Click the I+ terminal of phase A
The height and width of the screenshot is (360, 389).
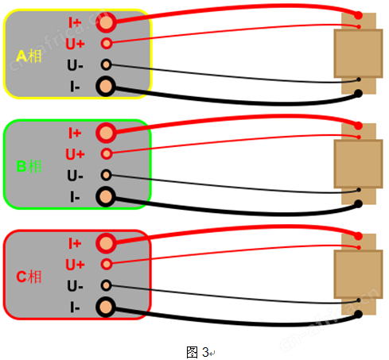coord(106,22)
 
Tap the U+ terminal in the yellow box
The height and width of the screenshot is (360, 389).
coord(107,43)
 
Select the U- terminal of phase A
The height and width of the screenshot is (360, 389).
coord(106,64)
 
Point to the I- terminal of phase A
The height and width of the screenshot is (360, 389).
coord(106,87)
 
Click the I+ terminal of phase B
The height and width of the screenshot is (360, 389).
coord(106,133)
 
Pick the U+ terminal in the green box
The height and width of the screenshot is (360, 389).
coord(107,153)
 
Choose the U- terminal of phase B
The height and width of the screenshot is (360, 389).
coord(106,175)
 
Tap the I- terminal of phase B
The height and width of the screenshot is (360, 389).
coord(106,197)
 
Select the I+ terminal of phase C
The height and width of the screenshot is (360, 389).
coord(106,243)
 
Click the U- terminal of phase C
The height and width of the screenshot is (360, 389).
coord(106,285)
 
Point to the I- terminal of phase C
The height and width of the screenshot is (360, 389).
coord(106,308)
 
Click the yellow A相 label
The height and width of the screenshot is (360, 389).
coord(29,56)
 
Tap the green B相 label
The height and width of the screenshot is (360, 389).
coord(29,166)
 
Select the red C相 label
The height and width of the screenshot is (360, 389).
coord(29,277)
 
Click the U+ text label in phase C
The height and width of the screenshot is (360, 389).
coord(75,265)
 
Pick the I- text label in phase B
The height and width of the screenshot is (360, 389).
coord(75,197)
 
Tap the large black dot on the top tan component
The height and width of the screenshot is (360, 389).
coord(359,93)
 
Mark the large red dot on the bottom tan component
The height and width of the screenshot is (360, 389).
coord(359,236)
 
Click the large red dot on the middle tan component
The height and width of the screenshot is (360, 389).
coord(359,126)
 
